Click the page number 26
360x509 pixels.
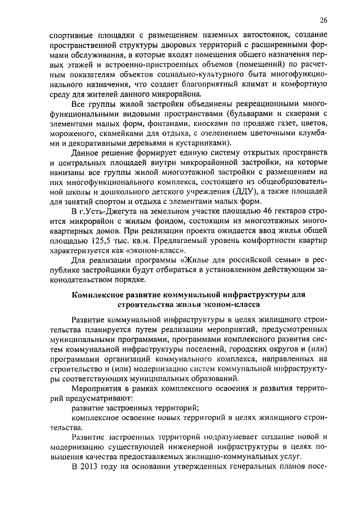point(323,21)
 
